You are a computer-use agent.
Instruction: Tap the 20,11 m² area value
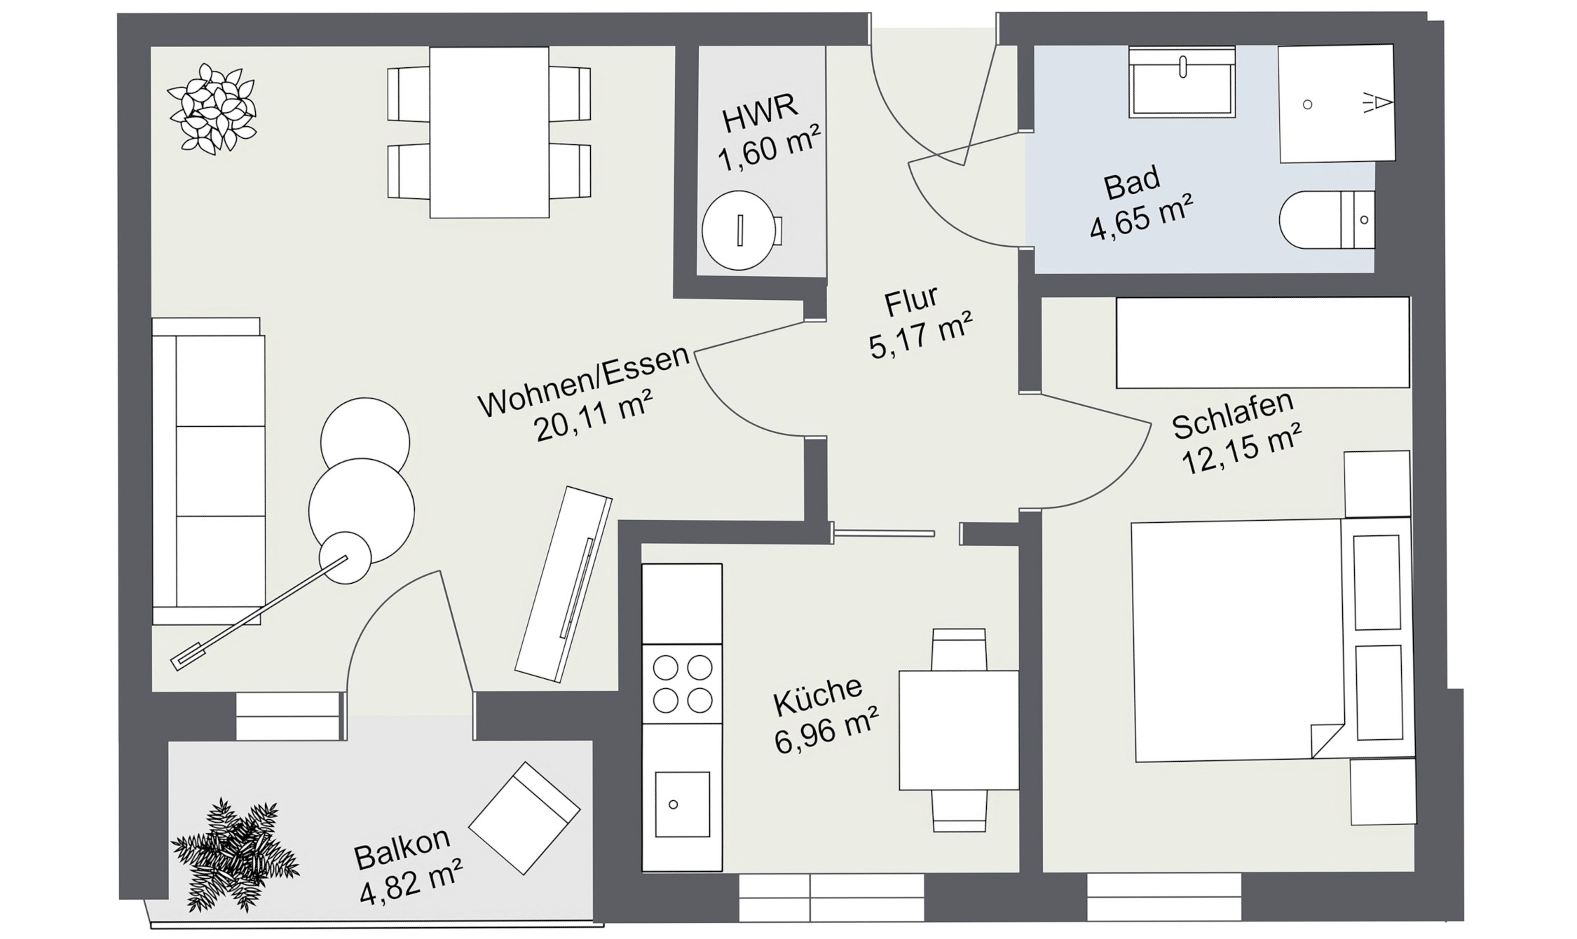pos(593,417)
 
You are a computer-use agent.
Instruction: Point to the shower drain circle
pos(1307,104)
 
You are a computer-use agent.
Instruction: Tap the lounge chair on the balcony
pos(524,817)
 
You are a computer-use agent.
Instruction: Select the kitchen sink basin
pos(681,804)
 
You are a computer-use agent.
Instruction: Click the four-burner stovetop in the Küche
pos(682,684)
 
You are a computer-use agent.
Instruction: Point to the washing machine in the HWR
pos(740,231)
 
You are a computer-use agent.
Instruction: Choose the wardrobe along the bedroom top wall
pos(1262,343)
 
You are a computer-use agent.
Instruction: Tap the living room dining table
pos(489,132)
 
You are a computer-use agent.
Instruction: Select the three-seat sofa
pos(209,471)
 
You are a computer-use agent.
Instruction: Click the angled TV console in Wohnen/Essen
pos(564,584)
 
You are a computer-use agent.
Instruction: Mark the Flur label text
pos(911,302)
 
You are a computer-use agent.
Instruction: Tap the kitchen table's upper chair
pos(958,649)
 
